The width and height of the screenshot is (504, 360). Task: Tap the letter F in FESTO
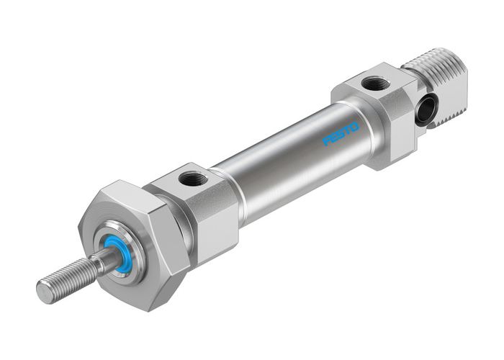click(x=327, y=141)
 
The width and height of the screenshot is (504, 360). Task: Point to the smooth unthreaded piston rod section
click(x=104, y=264)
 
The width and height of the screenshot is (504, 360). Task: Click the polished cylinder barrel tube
click(x=288, y=155)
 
